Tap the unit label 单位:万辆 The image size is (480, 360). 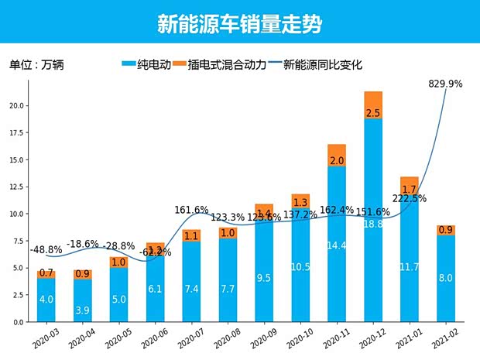[x=36, y=65]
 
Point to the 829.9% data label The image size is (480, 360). [x=444, y=84]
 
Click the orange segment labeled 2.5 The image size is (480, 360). [x=373, y=105]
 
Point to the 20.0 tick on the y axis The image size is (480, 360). [x=19, y=105]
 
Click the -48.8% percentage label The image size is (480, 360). [x=46, y=250]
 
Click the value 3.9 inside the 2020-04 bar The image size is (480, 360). [x=81, y=310]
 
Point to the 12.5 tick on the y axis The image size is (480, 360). [x=19, y=187]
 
